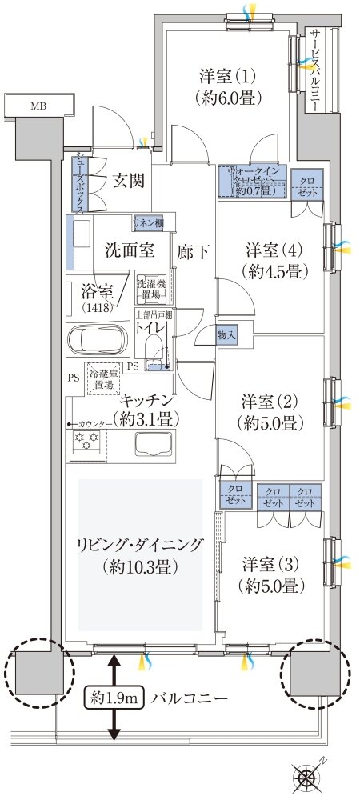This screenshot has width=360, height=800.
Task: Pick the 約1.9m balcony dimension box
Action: (x=114, y=698)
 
